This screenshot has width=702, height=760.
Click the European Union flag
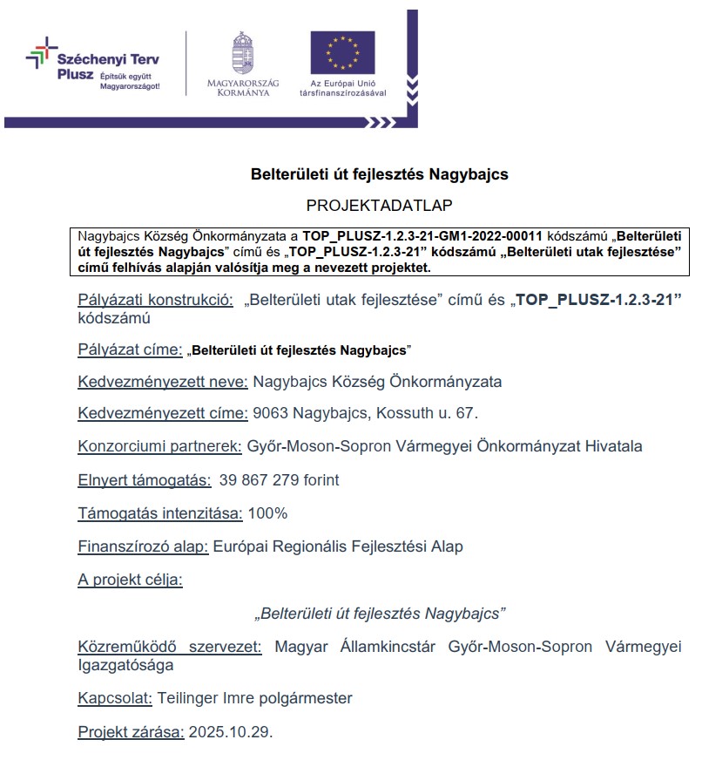[342, 51]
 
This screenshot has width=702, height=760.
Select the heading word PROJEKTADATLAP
[379, 205]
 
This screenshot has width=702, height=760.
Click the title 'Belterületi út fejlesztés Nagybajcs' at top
[379, 174]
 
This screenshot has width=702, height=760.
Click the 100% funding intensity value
[267, 513]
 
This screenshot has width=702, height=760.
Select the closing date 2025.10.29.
[230, 731]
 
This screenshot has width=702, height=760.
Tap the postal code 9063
[271, 413]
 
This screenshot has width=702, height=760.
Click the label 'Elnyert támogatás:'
[144, 480]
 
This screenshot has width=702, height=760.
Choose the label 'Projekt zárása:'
[131, 731]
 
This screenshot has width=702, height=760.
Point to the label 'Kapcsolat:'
[116, 698]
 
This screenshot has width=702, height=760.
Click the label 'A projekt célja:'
[130, 580]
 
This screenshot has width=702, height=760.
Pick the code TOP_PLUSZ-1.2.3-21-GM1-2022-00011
[422, 236]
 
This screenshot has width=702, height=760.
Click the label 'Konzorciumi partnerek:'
[159, 446]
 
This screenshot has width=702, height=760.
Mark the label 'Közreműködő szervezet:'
[170, 647]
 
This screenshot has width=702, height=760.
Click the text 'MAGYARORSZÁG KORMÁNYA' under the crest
[243, 87]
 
